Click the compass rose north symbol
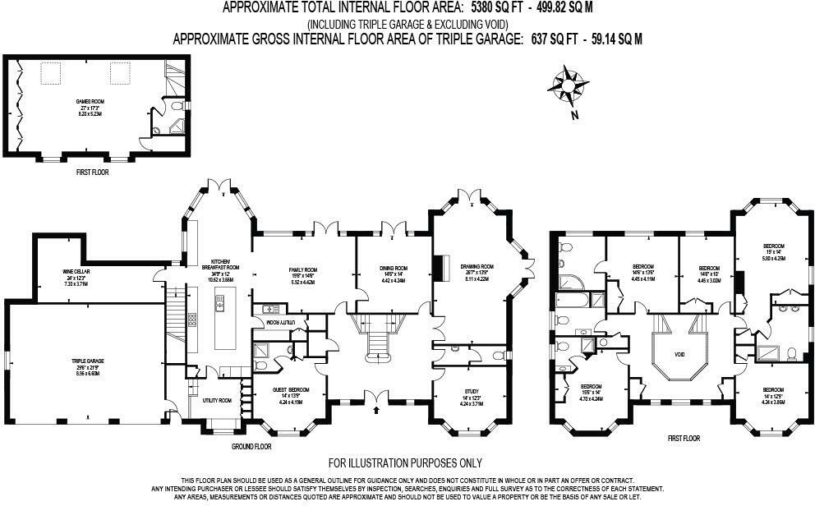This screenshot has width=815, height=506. pos(569,85)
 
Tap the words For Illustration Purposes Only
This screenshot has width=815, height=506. pos(405,463)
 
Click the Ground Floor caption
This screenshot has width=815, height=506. pos(251,446)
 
